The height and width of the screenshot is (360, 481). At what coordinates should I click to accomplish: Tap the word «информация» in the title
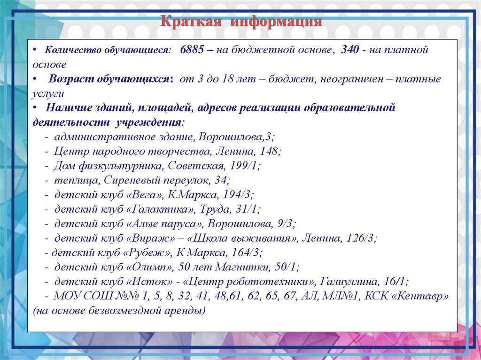pos(276,22)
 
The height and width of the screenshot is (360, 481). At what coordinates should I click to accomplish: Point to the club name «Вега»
pos(143,195)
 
